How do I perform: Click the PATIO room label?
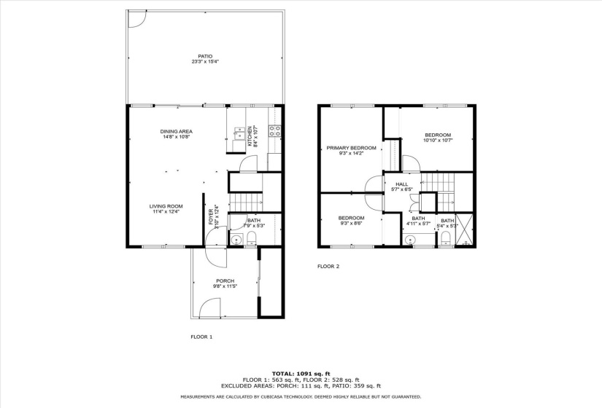pos(205,56)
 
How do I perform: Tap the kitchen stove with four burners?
pos(274,131)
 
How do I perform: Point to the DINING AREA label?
pos(177,132)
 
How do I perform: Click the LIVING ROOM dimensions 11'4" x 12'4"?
pos(166,211)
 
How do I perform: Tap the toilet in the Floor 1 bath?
pos(252,238)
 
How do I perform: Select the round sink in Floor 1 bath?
pos(236,240)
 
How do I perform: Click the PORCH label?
pos(225,280)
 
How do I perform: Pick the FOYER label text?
pos(211,217)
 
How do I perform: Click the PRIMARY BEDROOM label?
pos(351,148)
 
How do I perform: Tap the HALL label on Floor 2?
pos(402,184)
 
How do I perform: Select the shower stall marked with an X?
pos(465,229)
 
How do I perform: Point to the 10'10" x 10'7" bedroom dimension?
pos(438,141)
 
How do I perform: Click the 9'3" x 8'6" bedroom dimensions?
pos(351,223)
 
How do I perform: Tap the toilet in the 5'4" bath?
pos(446,238)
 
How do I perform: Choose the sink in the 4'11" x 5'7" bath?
pos(410,240)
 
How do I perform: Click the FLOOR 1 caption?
pos(201,337)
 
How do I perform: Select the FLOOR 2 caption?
pos(328,267)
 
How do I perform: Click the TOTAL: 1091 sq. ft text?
pos(301,374)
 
